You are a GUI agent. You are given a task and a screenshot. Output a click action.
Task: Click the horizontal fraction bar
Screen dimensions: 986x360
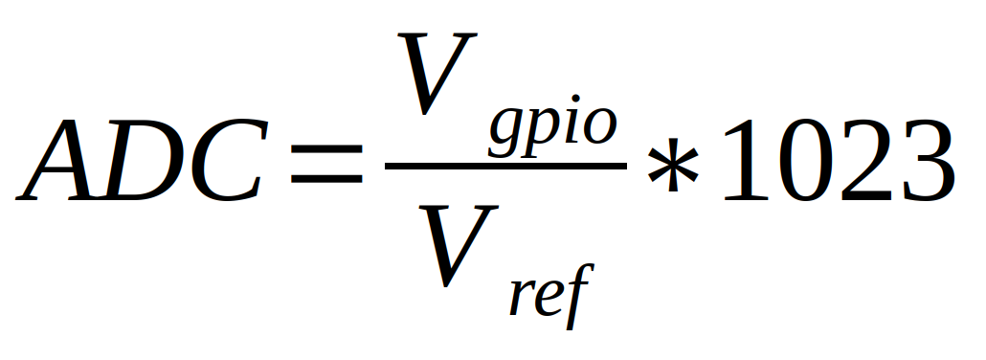(x=505, y=166)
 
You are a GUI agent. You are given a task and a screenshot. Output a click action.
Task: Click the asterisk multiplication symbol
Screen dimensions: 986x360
(x=673, y=165)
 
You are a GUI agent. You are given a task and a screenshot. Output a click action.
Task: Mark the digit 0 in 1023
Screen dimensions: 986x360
(x=807, y=161)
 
